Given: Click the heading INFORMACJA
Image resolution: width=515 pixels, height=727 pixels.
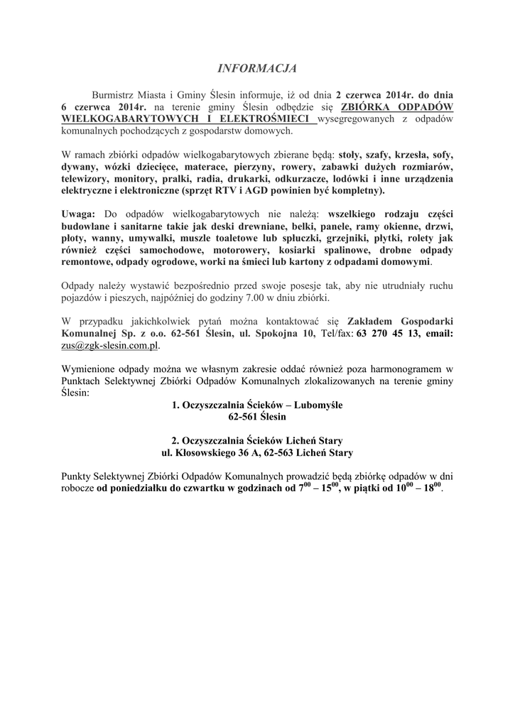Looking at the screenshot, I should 256,69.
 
